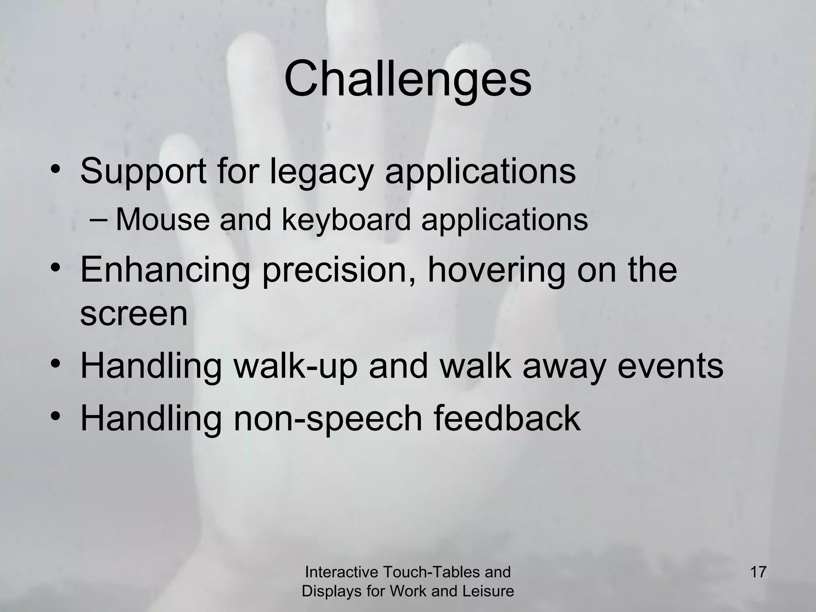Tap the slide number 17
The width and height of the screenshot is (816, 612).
[758, 572]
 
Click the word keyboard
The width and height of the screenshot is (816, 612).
[346, 220]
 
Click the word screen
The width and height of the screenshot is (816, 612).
[133, 314]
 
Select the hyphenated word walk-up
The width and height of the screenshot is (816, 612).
[295, 366]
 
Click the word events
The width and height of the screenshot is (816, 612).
[670, 366]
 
